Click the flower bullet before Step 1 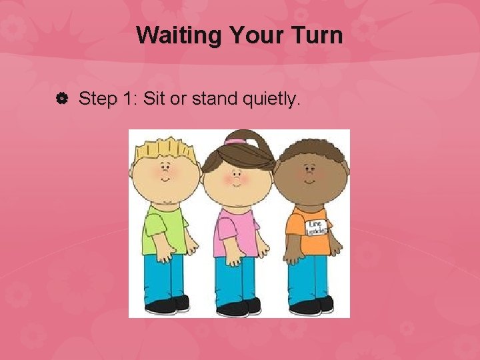[63, 100]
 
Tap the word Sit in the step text [153, 100]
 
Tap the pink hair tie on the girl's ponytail [235, 141]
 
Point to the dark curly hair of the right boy [310, 150]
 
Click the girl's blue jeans [237, 280]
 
